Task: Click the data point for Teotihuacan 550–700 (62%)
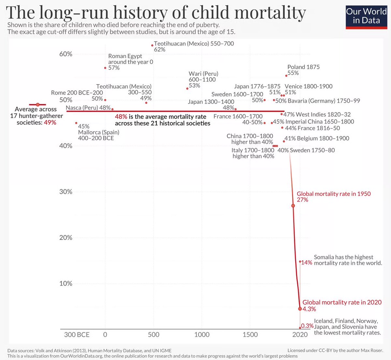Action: click(152, 45)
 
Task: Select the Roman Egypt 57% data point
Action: click(105, 68)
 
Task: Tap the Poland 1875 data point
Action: click(286, 75)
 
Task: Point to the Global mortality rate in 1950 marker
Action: click(293, 206)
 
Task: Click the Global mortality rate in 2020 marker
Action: click(300, 308)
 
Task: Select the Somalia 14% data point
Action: click(300, 262)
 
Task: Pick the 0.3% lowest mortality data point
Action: click(300, 328)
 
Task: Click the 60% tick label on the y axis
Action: click(65, 54)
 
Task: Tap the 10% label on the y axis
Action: click(65, 283)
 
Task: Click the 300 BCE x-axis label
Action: click(77, 335)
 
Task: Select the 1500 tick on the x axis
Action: click(250, 335)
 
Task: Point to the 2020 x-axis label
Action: click(300, 335)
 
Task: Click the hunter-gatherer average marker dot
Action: click(37, 104)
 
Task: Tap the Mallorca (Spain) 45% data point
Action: click(76, 123)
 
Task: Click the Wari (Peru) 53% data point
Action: click(187, 88)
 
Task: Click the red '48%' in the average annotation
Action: click(121, 117)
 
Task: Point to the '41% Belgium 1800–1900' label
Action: click(317, 138)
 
